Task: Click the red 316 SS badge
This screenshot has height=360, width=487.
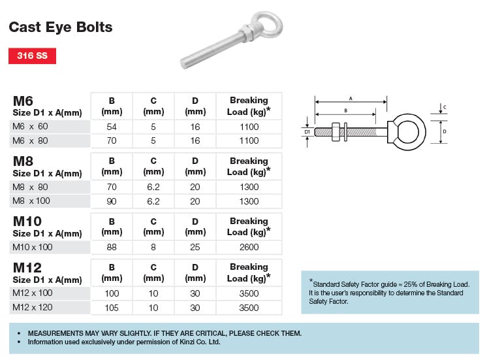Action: (x=33, y=56)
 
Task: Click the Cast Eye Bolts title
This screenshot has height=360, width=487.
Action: (x=60, y=27)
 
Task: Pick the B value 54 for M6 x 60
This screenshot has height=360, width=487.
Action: (x=112, y=126)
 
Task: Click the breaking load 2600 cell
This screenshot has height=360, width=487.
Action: (x=249, y=247)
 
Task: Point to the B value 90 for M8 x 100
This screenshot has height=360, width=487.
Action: (x=112, y=201)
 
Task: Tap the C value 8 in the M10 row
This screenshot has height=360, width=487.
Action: (x=153, y=247)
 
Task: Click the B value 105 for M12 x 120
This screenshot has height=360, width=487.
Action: (x=112, y=307)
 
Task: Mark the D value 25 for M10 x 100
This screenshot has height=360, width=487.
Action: (x=195, y=247)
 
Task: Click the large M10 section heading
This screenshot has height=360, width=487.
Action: (x=27, y=221)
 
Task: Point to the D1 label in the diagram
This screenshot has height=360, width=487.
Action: (x=307, y=132)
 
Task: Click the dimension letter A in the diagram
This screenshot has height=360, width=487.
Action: (x=351, y=98)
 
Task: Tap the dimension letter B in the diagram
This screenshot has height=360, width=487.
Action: (x=345, y=112)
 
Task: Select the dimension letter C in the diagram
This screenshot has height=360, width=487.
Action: (x=445, y=106)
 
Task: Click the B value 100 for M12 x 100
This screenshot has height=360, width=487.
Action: (x=112, y=293)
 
